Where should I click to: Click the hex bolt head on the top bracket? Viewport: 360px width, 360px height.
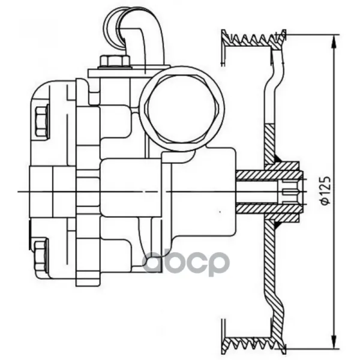pyautogui.click(x=115, y=62)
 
